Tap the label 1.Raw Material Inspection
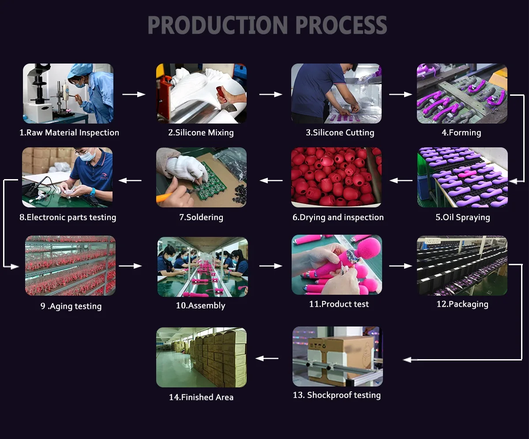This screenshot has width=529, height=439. tap(69, 133)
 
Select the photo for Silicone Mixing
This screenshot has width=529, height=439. tap(201, 94)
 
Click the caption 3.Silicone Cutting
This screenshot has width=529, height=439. tap(340, 133)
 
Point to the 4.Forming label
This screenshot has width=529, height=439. tap(461, 133)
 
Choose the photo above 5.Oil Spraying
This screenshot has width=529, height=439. tap(462, 177)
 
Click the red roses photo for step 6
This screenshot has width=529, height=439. tap(336, 177)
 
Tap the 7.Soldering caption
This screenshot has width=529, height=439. tap(201, 218)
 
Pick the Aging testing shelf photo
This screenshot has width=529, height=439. tap(70, 266)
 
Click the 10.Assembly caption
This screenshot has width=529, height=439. tap(200, 306)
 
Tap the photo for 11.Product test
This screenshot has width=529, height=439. tap(337, 265)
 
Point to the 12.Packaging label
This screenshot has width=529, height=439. tap(462, 304)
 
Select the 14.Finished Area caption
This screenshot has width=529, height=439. tap(201, 398)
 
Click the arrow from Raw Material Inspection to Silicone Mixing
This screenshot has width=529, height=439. tap(134, 94)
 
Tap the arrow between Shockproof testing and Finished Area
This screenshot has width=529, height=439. tap(267, 359)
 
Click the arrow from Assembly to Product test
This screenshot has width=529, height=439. tap(270, 266)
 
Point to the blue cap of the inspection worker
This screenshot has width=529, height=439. tap(81, 69)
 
